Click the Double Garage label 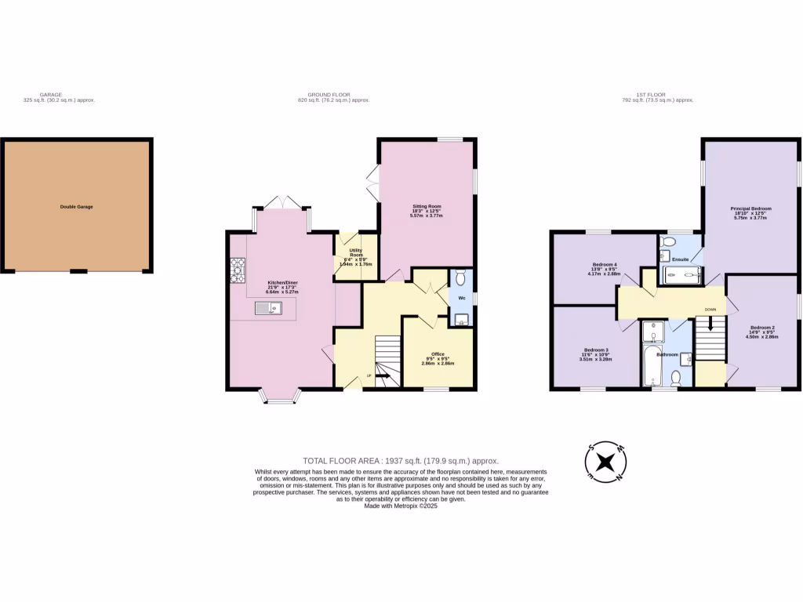pyautogui.click(x=76, y=207)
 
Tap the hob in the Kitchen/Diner pyautogui.click(x=236, y=270)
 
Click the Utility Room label pyautogui.click(x=356, y=254)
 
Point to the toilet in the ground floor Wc pyautogui.click(x=460, y=277)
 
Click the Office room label pyautogui.click(x=438, y=354)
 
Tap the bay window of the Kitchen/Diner pyautogui.click(x=279, y=396)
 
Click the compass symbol pyautogui.click(x=605, y=463)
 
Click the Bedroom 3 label pyautogui.click(x=595, y=350)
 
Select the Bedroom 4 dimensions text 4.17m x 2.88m pyautogui.click(x=605, y=274)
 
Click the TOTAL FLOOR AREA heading pyautogui.click(x=401, y=461)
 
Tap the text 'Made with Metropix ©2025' pyautogui.click(x=401, y=506)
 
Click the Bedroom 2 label pyautogui.click(x=761, y=327)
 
